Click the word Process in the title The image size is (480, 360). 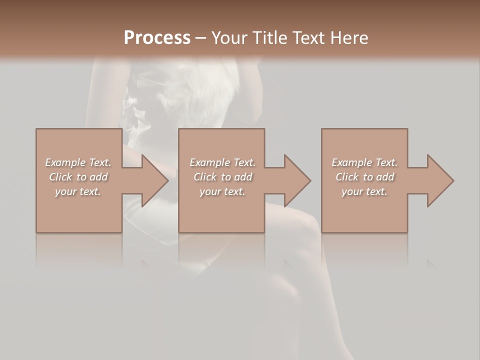[x=156, y=37]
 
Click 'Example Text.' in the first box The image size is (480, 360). [x=78, y=162]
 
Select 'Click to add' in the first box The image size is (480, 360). [x=78, y=177]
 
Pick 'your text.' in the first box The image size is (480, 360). [x=78, y=191]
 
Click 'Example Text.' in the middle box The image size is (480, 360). [x=222, y=162]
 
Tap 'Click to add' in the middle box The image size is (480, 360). [x=222, y=177]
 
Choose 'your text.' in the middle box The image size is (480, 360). [x=222, y=191]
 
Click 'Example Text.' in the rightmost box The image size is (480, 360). [x=364, y=162]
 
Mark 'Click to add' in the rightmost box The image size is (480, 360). [x=364, y=177]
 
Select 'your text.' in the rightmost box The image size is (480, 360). [x=364, y=191]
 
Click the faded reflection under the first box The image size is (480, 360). [x=79, y=250]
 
